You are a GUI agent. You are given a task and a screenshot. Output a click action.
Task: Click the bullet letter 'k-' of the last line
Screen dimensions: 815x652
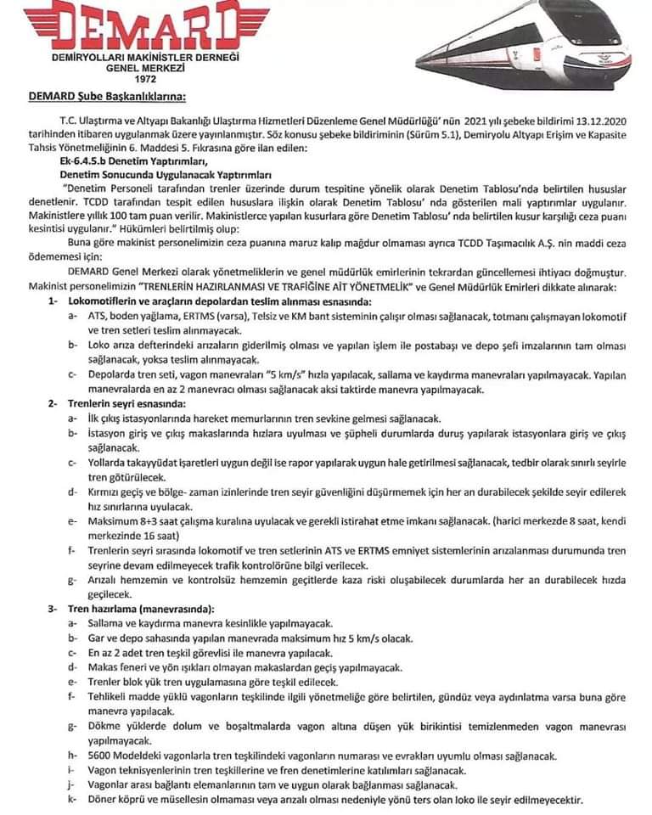tap(73, 800)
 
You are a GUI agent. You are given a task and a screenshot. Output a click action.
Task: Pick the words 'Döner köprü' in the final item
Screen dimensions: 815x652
tap(119, 800)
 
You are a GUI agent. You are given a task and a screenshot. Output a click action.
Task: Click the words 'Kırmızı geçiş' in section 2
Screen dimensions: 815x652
tap(121, 492)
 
